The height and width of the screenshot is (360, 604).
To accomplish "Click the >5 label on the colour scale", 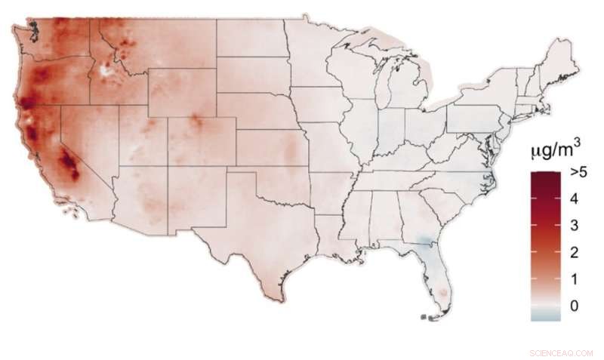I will click(579, 173).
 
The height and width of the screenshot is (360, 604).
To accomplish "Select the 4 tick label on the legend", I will click(575, 198).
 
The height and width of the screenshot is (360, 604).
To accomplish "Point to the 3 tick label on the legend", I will click(575, 226).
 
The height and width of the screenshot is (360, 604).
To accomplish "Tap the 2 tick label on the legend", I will click(575, 252).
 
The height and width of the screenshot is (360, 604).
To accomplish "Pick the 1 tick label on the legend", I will click(575, 279).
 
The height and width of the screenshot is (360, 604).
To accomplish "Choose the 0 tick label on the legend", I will click(575, 306).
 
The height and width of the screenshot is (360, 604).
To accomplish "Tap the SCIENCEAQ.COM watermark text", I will click(563, 352).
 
